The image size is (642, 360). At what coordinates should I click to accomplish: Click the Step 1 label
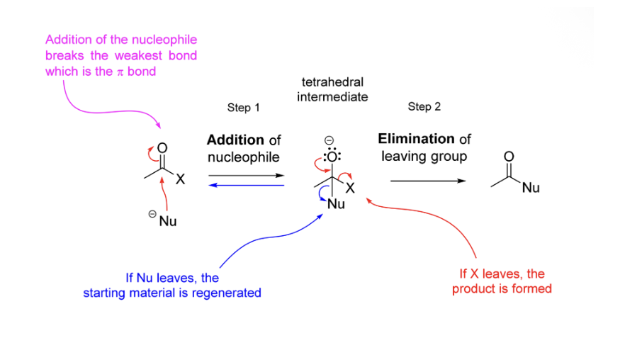[243, 108]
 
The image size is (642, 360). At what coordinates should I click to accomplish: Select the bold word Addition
[236, 140]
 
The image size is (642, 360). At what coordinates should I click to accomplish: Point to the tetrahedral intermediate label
[332, 89]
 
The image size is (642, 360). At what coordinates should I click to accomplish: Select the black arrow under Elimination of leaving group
[428, 181]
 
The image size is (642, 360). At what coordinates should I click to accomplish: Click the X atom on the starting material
[180, 180]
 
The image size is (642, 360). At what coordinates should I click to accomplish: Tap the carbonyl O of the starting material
[162, 148]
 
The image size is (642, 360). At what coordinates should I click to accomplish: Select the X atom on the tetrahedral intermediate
[350, 188]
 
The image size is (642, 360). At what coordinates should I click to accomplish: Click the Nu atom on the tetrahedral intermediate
[336, 204]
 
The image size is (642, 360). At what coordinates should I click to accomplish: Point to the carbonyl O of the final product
[509, 156]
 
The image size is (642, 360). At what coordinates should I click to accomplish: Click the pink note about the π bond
[120, 55]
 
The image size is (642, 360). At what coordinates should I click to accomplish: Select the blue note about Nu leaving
[172, 285]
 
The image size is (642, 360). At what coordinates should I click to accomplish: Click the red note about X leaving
[502, 281]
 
